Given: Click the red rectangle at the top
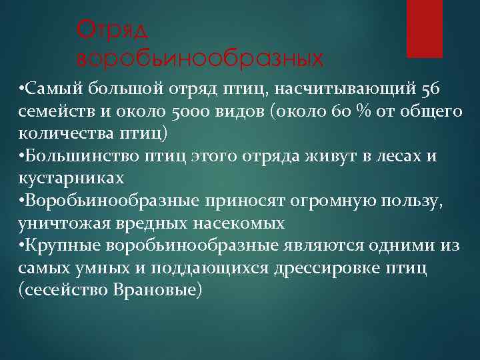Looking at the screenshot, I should [x=425, y=28].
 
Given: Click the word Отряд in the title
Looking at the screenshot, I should [x=113, y=29].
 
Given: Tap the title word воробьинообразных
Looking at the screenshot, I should [x=201, y=58].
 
